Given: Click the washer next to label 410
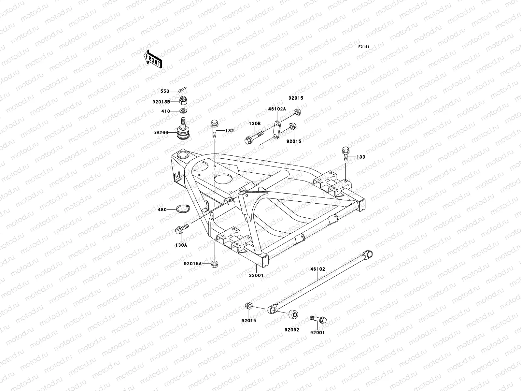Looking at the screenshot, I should (x=183, y=111).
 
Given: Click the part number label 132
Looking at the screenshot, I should (x=230, y=131).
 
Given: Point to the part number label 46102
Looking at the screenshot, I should (x=317, y=269).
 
